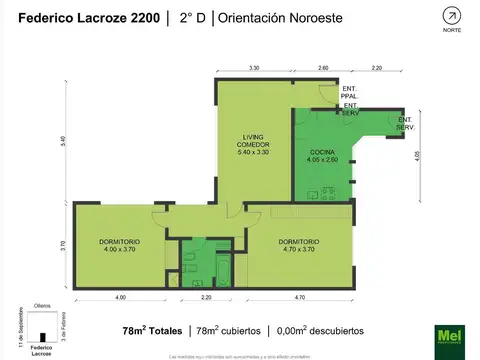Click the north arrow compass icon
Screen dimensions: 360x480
(451, 16)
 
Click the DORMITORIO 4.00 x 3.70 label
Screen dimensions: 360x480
(118, 245)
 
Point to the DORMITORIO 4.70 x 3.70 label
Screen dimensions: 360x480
(299, 245)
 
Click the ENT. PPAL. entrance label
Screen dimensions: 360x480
(350, 93)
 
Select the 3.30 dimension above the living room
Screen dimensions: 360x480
(254, 67)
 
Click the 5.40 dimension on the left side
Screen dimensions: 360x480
(63, 139)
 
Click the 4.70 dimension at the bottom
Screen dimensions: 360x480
(299, 298)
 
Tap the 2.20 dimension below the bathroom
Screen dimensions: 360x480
(207, 298)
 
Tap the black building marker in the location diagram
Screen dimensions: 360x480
(41, 336)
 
